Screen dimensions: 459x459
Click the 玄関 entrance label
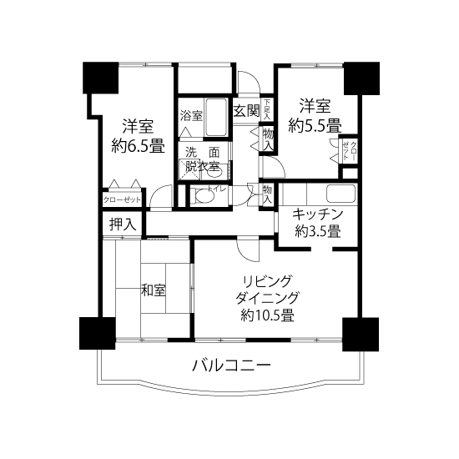click(246, 109)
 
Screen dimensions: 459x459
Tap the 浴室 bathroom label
click(191, 115)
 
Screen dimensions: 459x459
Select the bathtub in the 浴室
click(216, 117)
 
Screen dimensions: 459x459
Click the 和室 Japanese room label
click(153, 290)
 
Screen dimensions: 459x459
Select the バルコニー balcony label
click(231, 365)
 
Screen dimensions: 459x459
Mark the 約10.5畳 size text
click(267, 315)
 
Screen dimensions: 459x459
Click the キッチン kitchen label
click(317, 214)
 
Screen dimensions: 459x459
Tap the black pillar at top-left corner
click(98, 79)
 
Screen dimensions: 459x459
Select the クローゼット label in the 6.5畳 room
click(122, 200)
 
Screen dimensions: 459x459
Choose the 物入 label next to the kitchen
click(268, 194)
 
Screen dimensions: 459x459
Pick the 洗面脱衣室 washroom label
click(202, 159)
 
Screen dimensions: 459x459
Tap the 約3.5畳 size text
click(317, 233)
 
